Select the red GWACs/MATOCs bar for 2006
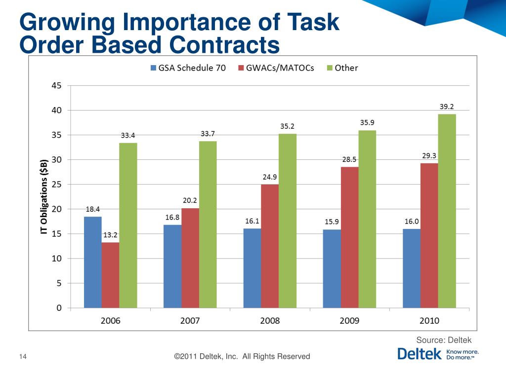110,275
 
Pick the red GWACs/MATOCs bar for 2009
349,237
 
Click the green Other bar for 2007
208,225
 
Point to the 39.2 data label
447,106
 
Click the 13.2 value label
110,235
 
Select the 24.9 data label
269,177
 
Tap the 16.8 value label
172,217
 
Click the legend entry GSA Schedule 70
188,68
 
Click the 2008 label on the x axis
269,320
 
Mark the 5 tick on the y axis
59,283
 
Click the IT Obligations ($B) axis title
44,196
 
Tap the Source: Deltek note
444,340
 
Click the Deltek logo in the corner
438,354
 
